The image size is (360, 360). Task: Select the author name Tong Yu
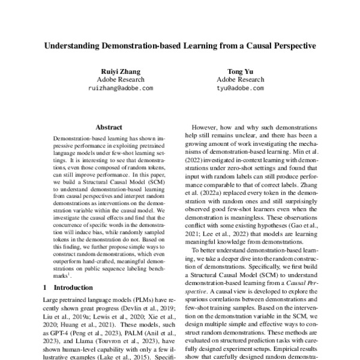click(240, 70)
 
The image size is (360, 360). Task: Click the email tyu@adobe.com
click(240, 88)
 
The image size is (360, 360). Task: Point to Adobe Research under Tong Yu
click(240, 79)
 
